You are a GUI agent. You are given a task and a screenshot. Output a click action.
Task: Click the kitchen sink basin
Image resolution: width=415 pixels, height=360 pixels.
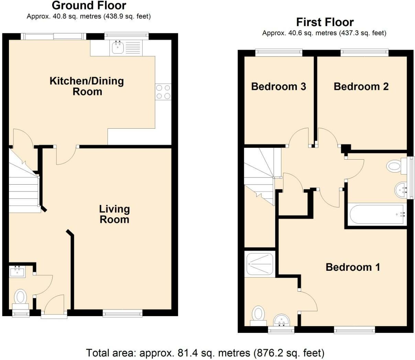coord(117,48)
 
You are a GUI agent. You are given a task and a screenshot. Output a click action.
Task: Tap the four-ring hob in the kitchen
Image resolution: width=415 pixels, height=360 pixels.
coord(163,92)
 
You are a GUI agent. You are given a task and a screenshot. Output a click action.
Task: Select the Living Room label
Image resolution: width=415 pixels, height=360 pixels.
coord(114,214)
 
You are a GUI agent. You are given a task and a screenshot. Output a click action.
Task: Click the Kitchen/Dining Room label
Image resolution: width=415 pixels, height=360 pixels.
coord(87,86)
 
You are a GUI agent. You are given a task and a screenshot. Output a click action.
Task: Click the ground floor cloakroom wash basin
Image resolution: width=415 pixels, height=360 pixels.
coord(17,272)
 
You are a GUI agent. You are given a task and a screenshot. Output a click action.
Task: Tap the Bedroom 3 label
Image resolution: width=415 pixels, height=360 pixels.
coord(279,86)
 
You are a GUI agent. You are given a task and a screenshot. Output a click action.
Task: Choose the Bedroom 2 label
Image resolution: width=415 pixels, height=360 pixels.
coord(361,86)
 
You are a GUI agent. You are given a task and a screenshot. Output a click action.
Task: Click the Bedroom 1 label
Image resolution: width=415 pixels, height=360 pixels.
coord(353,267)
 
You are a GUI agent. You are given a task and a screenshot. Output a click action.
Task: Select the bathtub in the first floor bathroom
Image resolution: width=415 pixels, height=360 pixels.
coord(378,215)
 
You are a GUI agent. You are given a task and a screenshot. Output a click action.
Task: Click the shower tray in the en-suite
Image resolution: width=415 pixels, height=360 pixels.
coord(260,264)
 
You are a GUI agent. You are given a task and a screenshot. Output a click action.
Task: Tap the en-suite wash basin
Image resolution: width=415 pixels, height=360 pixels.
coord(282,320)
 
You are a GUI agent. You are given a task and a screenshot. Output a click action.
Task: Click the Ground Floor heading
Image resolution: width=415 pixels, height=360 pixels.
coord(89,5)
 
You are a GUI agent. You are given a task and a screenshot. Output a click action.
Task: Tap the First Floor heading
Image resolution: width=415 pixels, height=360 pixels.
coord(325,22)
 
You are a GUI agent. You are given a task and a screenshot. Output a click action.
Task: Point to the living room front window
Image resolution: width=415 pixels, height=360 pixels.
coord(123,314)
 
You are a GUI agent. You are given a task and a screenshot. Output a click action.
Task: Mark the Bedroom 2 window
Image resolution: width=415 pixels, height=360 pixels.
coord(364,53)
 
